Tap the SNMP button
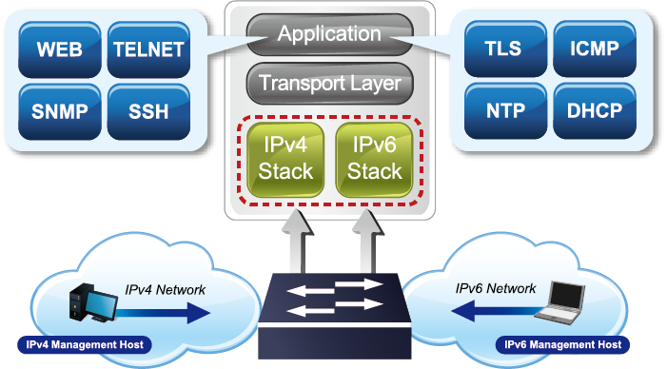[59, 110]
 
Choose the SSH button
[147, 110]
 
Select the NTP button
[502, 110]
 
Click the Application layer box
[329, 35]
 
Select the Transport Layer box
[329, 83]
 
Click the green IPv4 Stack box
[282, 159]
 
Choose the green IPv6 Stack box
[374, 159]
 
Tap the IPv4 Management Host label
[84, 344]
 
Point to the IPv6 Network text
[496, 288]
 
